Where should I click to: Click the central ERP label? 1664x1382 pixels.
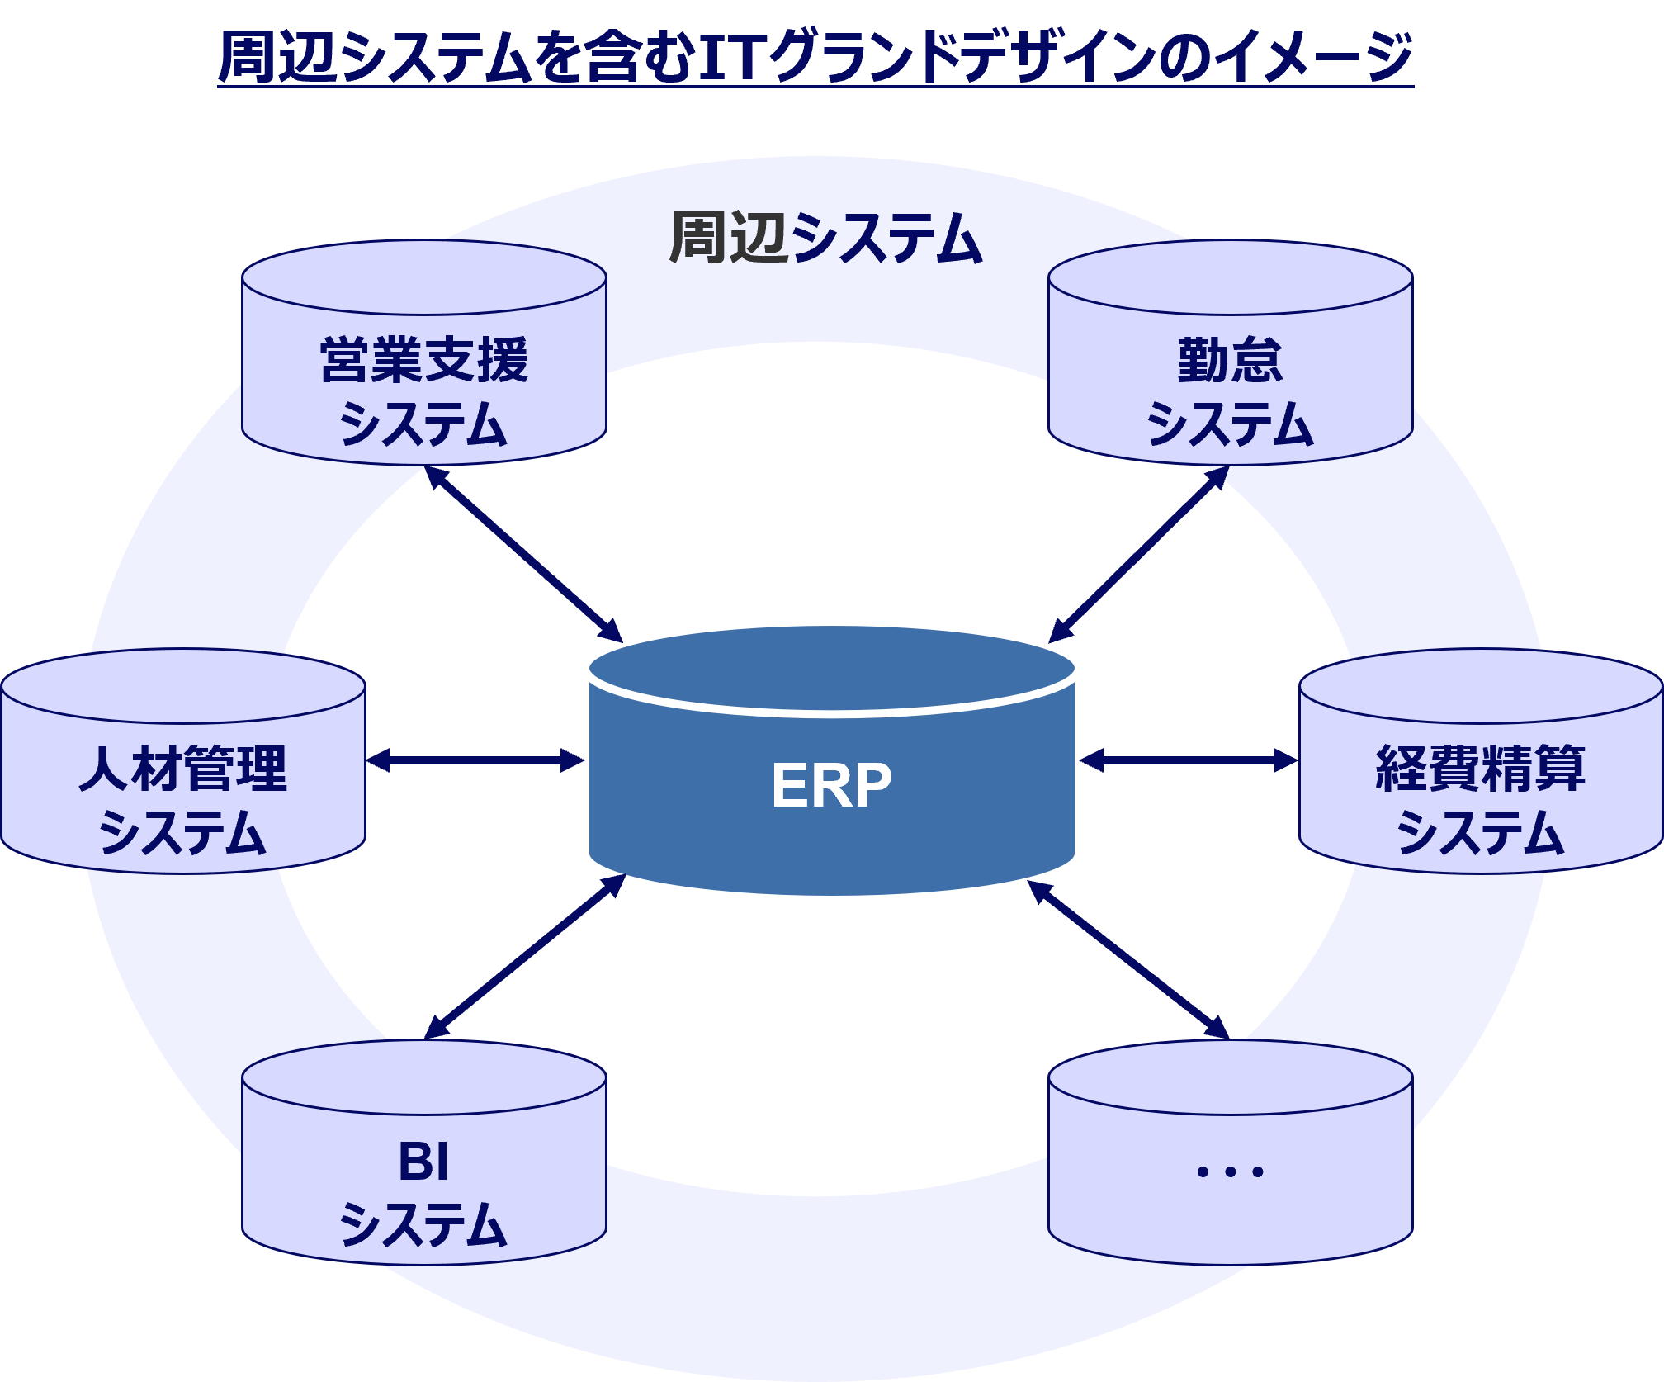[831, 785]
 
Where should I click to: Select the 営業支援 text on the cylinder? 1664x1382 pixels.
[424, 360]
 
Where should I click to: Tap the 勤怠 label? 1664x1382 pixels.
[1230, 360]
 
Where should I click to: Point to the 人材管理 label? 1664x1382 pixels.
[182, 768]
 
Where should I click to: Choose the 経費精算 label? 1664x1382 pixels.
[1480, 768]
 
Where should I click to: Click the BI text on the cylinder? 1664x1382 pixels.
[423, 1162]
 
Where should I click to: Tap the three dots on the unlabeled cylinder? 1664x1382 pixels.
[1230, 1171]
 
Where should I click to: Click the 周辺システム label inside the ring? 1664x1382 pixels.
[825, 239]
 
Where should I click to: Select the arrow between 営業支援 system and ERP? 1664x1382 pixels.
[524, 554]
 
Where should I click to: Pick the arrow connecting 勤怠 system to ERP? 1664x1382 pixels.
[1138, 554]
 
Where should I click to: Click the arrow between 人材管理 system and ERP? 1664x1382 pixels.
[475, 760]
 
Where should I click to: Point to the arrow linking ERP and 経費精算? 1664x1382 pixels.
[1189, 760]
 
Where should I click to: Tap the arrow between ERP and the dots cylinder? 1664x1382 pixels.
[1129, 960]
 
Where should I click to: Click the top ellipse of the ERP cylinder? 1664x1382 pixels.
[831, 667]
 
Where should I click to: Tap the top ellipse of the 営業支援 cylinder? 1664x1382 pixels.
[424, 278]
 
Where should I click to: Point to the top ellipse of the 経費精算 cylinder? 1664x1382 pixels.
[1480, 686]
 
